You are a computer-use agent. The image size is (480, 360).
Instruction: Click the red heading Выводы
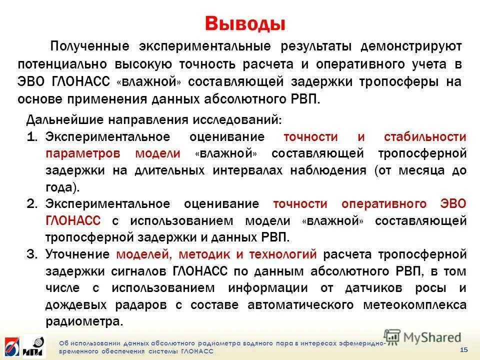(245, 23)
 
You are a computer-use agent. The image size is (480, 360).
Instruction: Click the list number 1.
(32, 137)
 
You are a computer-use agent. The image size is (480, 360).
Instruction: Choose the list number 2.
(32, 204)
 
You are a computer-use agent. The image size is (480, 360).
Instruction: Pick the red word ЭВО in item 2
(453, 204)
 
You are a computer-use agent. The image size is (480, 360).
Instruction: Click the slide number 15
(463, 349)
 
